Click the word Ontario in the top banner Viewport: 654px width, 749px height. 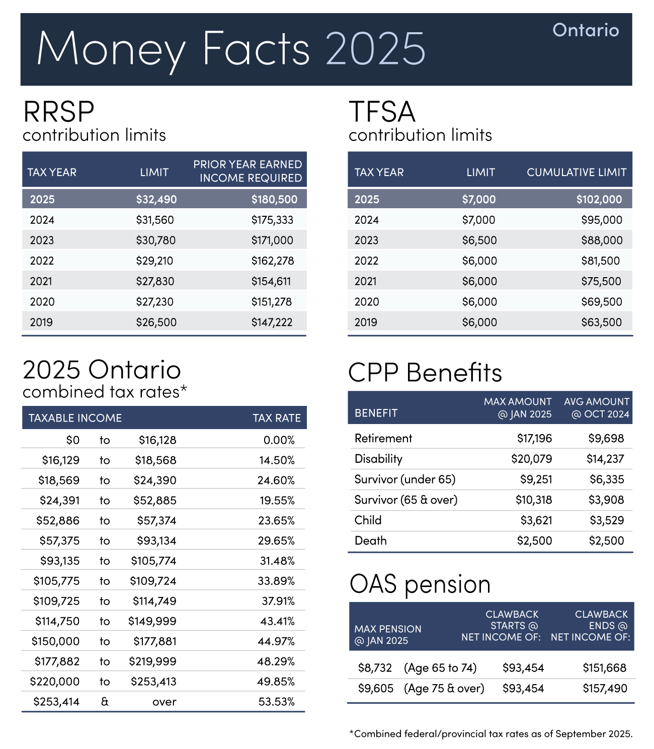tap(586, 30)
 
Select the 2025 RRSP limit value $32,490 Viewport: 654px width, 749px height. tap(156, 199)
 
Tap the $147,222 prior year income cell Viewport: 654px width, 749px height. tap(272, 322)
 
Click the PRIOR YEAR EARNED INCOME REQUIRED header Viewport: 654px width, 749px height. tap(248, 171)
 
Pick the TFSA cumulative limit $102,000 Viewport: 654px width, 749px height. tap(599, 199)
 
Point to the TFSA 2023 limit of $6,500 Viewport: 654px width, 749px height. tap(479, 240)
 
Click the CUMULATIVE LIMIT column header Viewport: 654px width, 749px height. tap(576, 172)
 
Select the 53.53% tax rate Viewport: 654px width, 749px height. tap(276, 702)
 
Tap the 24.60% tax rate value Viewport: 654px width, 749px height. tap(276, 480)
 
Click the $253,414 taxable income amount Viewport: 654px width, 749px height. tap(56, 702)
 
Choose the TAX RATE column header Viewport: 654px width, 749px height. tap(276, 418)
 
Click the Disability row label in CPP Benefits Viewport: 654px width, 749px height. tap(378, 459)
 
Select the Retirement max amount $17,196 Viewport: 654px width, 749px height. tap(534, 438)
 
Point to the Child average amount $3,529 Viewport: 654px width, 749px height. tap(606, 520)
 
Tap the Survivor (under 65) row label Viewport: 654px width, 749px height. tap(404, 479)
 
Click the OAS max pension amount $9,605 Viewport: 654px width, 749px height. tap(375, 688)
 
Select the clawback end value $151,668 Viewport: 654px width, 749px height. tap(604, 668)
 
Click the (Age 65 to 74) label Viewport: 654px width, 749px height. tap(440, 668)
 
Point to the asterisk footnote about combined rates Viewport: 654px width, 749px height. tap(490, 734)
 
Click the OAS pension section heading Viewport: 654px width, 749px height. tap(420, 585)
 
